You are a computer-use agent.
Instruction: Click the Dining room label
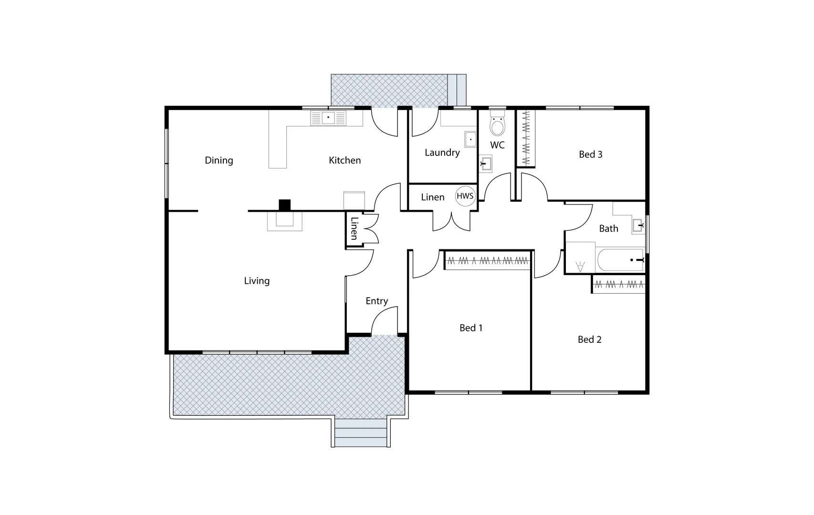[219, 160]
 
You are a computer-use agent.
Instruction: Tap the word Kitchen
[344, 160]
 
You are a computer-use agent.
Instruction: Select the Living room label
[257, 281]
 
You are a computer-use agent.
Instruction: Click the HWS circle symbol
[465, 196]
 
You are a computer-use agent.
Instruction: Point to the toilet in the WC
[497, 125]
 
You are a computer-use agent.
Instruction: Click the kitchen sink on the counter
[328, 118]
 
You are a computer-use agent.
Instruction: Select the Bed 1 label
[471, 328]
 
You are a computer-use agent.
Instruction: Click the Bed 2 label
[589, 340]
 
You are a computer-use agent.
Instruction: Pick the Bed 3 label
[590, 154]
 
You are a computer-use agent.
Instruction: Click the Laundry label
[442, 153]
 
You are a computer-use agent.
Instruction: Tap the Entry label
[376, 301]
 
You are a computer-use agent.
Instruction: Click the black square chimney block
[284, 205]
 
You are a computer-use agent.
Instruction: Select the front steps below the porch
[360, 433]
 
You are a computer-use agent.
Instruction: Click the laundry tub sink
[470, 139]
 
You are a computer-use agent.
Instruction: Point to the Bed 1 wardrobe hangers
[488, 261]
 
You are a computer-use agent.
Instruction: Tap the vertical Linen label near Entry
[354, 228]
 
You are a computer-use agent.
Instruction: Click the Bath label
[608, 228]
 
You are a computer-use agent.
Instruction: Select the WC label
[497, 145]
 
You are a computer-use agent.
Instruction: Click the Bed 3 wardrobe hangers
[526, 138]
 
